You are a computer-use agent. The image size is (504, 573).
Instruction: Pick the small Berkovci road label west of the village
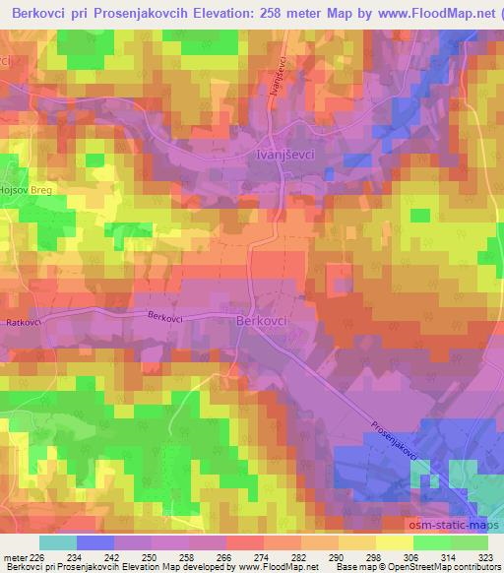pyautogui.click(x=165, y=316)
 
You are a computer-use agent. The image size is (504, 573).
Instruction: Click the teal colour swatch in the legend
pyautogui.click(x=57, y=542)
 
